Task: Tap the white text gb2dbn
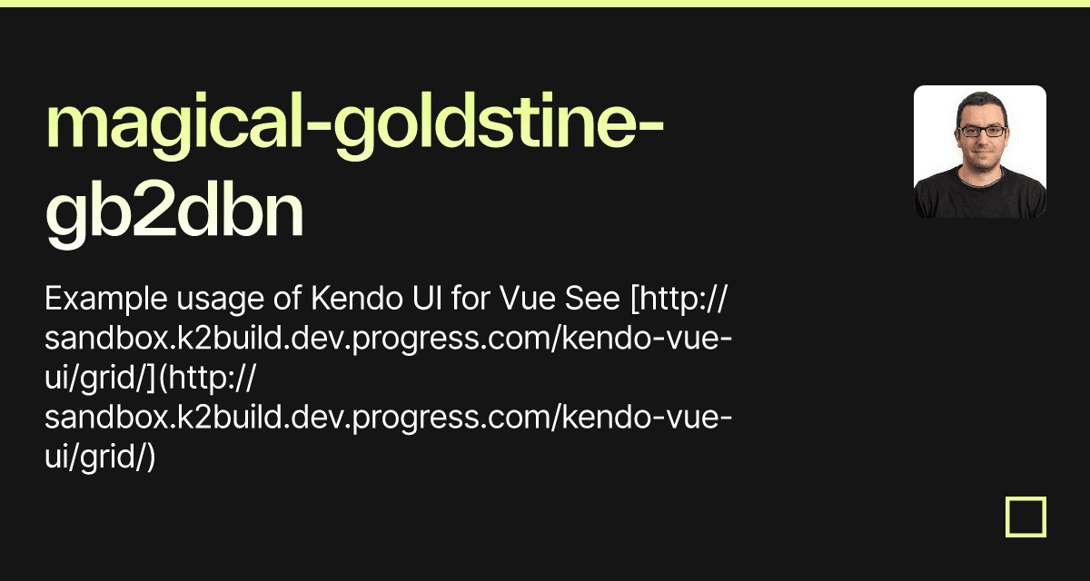174,215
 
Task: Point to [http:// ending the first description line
673,299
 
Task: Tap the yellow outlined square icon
1026,517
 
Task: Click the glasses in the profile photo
981,131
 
